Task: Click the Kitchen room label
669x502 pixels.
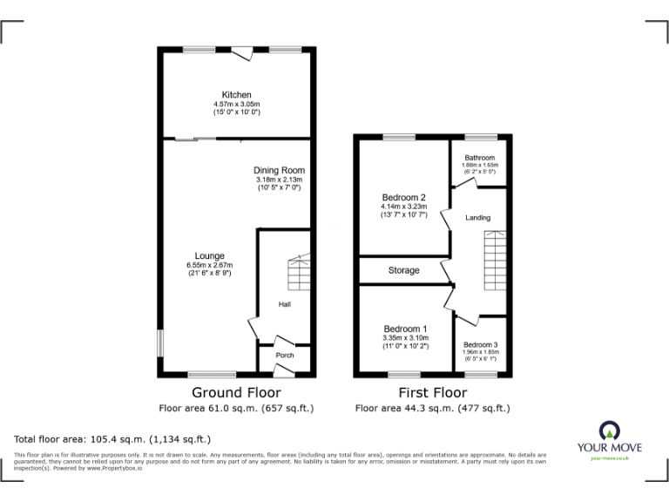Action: [x=236, y=94]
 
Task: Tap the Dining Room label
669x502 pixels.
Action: [x=279, y=170]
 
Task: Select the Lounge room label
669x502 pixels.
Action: [x=209, y=255]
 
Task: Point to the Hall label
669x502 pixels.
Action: [x=284, y=304]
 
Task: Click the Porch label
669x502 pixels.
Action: [x=284, y=355]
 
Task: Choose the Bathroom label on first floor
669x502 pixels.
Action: [x=479, y=158]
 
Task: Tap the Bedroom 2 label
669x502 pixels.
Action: [x=404, y=197]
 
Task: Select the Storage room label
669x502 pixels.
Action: [x=403, y=270]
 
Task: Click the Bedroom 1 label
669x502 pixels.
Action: [x=404, y=329]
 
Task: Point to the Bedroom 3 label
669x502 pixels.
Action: [x=481, y=344]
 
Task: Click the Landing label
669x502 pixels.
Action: [x=478, y=217]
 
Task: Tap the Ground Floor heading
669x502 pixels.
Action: [x=236, y=393]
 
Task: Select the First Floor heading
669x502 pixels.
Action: [x=432, y=393]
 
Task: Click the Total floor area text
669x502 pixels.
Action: [x=112, y=438]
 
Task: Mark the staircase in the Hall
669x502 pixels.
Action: [x=299, y=274]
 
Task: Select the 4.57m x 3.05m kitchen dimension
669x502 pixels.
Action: [x=236, y=104]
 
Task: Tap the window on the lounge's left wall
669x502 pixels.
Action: [x=159, y=343]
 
